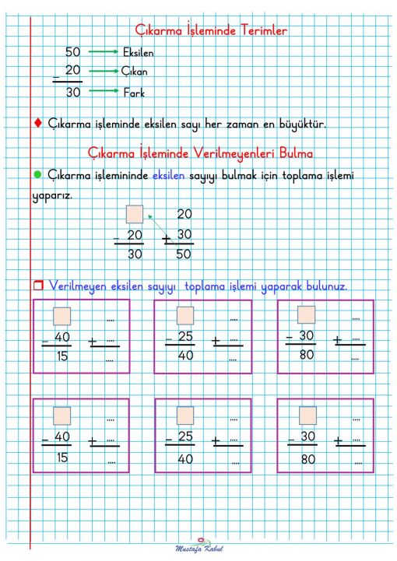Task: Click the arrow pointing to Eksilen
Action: tap(104, 52)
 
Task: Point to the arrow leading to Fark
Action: tap(104, 92)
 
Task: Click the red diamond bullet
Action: tap(37, 123)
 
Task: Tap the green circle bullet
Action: tap(37, 174)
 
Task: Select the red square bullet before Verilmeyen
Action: tap(37, 286)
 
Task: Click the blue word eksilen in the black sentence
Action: tap(169, 175)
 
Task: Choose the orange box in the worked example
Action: tap(135, 214)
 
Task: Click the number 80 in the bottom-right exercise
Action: tap(307, 459)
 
